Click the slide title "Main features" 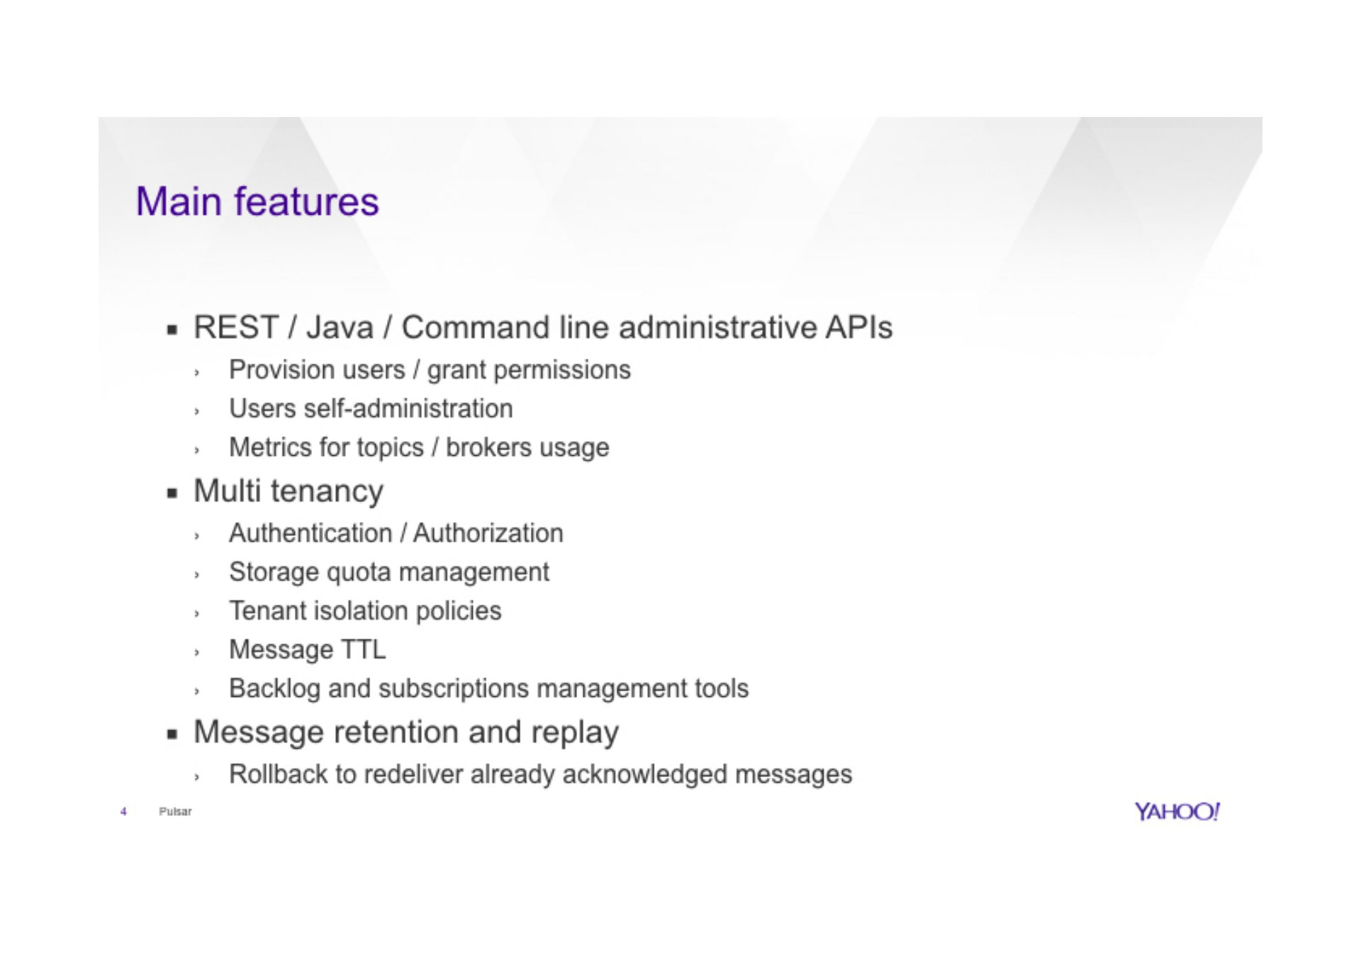257,201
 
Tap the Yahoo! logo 1177,812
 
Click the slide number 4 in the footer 123,812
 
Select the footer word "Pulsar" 175,812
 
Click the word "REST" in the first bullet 236,328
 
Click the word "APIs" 858,328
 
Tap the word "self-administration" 408,409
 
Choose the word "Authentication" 310,533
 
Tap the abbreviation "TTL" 364,650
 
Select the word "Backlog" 274,689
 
